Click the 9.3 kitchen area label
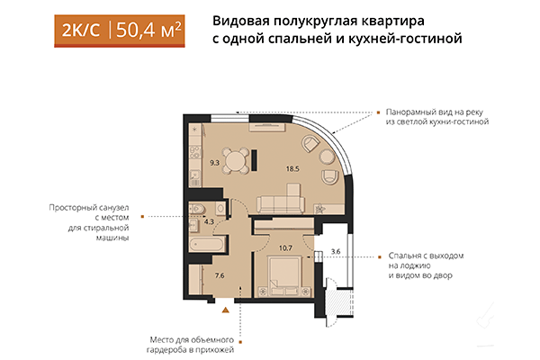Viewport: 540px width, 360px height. [214, 162]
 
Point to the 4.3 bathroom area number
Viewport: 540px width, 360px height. [210, 219]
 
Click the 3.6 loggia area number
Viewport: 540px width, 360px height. [336, 251]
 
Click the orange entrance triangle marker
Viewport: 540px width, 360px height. [226, 309]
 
